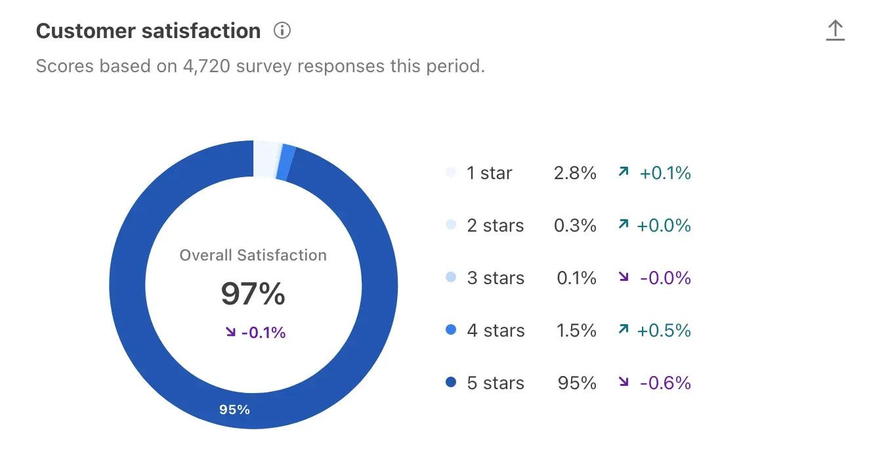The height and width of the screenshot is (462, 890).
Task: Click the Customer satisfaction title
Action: pos(148,31)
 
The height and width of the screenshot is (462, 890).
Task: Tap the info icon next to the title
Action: pos(282,31)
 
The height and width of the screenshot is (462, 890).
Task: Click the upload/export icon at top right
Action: pos(835,31)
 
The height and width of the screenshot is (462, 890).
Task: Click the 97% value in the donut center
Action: pos(253,294)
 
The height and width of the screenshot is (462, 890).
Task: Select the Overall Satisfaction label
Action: pos(253,255)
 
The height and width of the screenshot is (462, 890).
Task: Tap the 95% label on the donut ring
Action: pos(234,409)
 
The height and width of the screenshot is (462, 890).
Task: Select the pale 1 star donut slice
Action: pos(266,159)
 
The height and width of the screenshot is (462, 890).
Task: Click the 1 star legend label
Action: pos(489,173)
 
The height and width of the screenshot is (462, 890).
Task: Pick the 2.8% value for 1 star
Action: pos(575,173)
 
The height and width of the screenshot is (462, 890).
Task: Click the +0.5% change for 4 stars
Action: pos(664,331)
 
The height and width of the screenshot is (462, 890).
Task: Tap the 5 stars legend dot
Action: pos(450,383)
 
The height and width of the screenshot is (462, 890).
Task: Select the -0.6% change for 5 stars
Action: pos(665,383)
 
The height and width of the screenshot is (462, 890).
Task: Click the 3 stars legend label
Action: pos(496,278)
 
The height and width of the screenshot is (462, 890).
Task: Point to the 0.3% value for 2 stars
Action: pos(575,226)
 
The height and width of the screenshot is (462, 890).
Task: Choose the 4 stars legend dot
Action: pos(450,331)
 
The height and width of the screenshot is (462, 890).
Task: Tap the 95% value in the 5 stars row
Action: pos(577,383)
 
